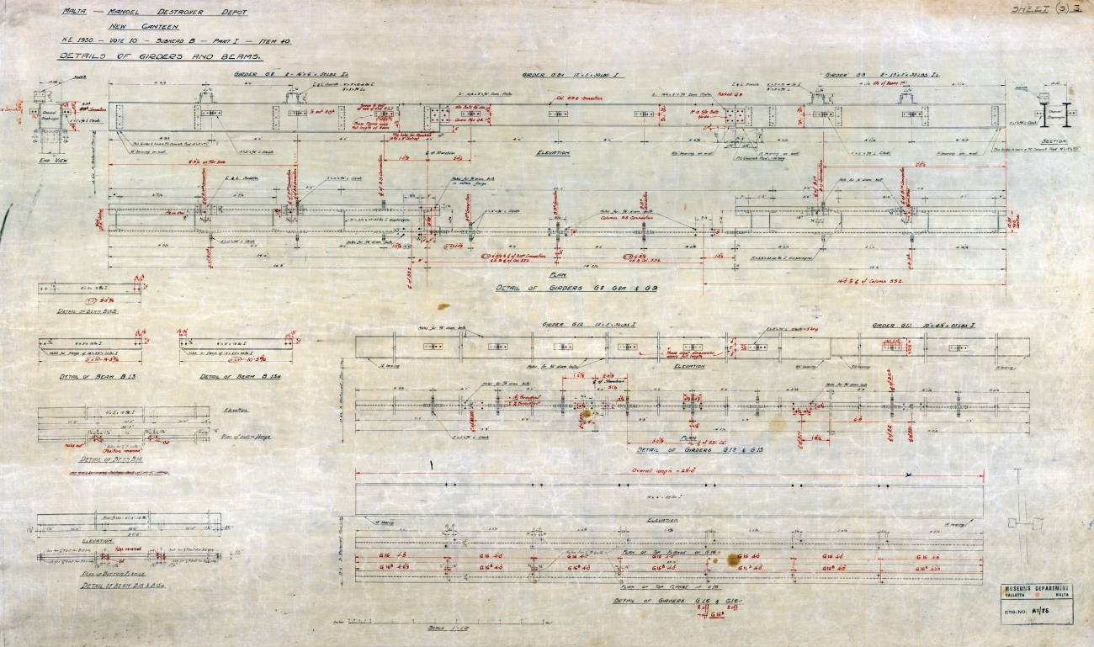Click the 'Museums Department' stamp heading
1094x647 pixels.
coord(1036,588)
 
